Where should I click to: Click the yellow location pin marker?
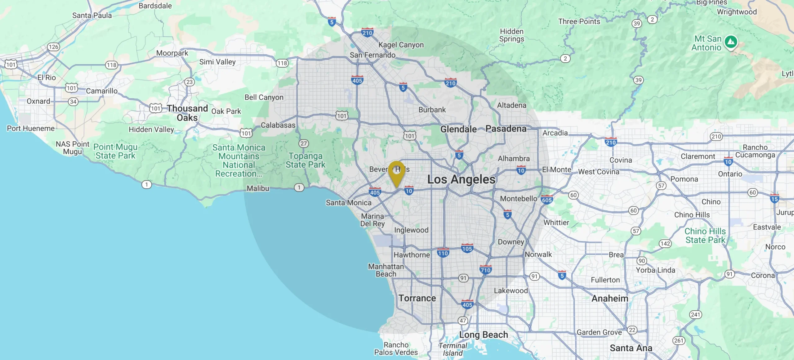397,172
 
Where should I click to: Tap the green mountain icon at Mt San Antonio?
731,42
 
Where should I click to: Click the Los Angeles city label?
461,179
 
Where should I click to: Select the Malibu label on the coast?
258,188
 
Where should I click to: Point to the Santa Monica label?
348,203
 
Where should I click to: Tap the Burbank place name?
432,110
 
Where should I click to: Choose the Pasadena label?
506,129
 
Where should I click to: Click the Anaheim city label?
609,298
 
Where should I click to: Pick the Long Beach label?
483,335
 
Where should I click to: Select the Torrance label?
417,298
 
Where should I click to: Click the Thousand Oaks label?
187,113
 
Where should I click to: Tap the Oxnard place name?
38,101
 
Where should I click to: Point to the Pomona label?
684,179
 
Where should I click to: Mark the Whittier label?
556,223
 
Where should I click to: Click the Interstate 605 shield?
546,200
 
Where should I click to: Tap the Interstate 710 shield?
485,270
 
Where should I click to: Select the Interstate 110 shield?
443,253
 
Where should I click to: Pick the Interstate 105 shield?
467,248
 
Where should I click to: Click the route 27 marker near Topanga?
304,143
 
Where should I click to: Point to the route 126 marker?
53,47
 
